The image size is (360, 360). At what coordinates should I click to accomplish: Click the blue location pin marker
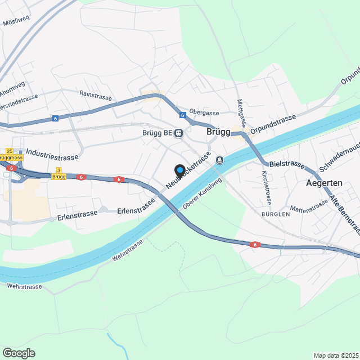(180, 170)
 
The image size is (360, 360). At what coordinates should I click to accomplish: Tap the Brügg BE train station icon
(178, 133)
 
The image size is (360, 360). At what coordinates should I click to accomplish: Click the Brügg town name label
(219, 132)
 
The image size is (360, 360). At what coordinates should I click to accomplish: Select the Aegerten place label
(325, 183)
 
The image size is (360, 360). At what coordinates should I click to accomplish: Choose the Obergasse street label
(203, 112)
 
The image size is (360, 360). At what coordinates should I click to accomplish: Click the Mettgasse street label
(240, 113)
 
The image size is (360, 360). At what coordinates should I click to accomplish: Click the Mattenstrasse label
(309, 206)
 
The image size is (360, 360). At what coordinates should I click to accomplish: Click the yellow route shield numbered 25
(9, 151)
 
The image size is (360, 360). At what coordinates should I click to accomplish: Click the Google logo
(19, 353)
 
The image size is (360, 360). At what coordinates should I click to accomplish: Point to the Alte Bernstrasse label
(344, 214)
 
